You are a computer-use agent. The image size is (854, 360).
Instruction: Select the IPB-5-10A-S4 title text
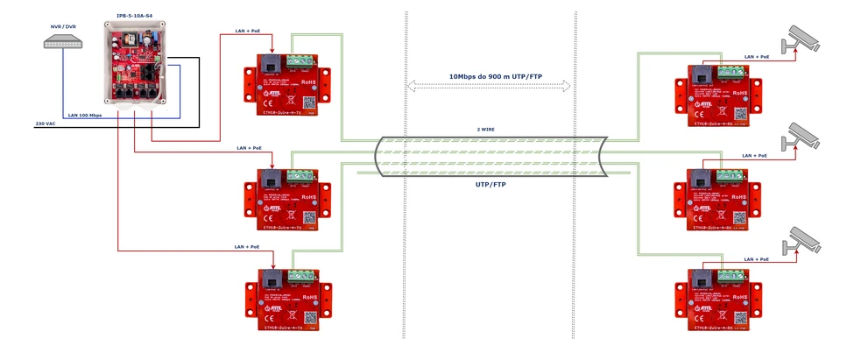click(x=134, y=17)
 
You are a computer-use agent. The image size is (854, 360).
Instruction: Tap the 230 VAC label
click(x=46, y=124)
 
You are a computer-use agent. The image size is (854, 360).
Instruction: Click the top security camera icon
click(x=802, y=39)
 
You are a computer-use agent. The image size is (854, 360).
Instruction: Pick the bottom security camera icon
click(x=802, y=239)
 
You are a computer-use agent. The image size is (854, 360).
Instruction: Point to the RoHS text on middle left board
click(x=309, y=198)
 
